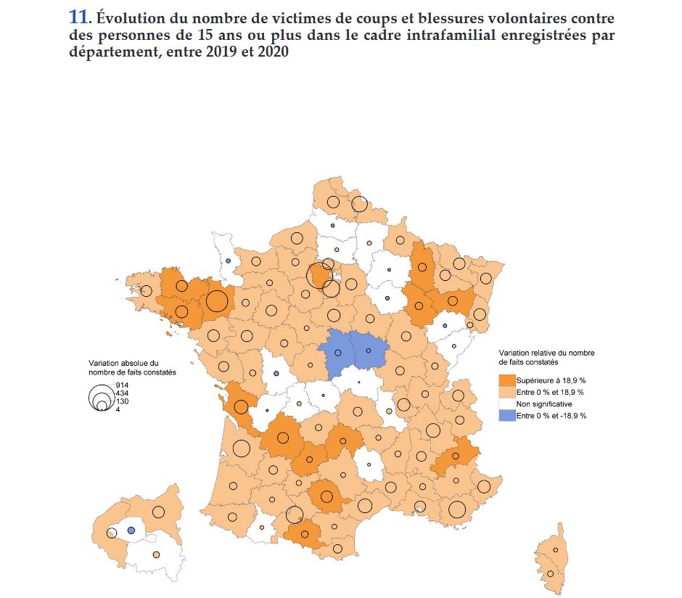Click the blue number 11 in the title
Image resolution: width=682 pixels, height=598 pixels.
point(78,18)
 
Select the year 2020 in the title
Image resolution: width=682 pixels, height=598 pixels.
point(272,52)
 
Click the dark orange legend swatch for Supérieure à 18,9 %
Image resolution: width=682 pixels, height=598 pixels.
point(507,380)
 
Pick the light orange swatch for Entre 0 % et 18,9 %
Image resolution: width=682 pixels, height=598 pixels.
point(507,392)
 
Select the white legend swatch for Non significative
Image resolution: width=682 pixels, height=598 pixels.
point(507,404)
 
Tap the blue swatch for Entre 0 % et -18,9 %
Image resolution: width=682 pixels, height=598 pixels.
point(507,415)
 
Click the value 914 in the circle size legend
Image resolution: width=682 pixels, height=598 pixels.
point(122,385)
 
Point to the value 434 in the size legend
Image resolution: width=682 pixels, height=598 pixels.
point(122,393)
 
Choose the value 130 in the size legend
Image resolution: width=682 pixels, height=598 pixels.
point(122,401)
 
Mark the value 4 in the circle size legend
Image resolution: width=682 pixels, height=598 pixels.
point(118,409)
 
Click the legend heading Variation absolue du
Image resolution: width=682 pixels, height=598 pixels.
point(123,363)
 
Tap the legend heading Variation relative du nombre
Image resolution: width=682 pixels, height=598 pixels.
point(546,353)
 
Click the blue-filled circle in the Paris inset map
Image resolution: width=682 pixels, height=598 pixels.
point(131,531)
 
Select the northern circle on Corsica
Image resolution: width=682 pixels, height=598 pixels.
point(556,550)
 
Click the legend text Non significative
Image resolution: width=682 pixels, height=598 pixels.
point(544,404)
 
